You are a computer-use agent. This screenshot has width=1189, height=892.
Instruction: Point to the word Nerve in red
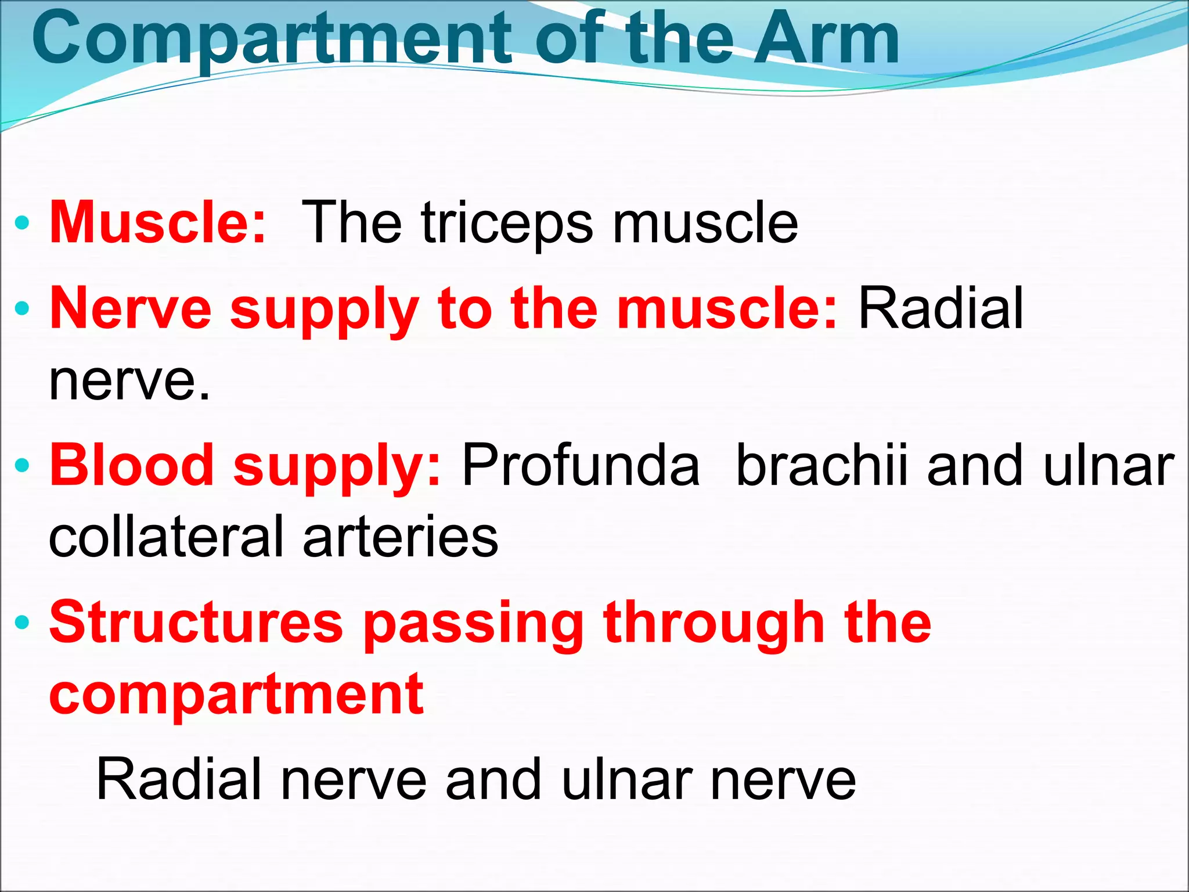click(x=131, y=308)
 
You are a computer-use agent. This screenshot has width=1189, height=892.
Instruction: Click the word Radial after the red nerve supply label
click(x=941, y=308)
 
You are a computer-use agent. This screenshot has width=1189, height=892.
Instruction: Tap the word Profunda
click(x=581, y=465)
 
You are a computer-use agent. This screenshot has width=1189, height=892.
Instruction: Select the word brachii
click(x=822, y=465)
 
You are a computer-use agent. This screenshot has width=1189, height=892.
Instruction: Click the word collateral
click(x=168, y=537)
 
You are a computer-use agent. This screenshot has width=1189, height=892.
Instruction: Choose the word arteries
click(x=401, y=537)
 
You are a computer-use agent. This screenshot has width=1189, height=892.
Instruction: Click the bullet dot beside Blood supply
click(x=22, y=465)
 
